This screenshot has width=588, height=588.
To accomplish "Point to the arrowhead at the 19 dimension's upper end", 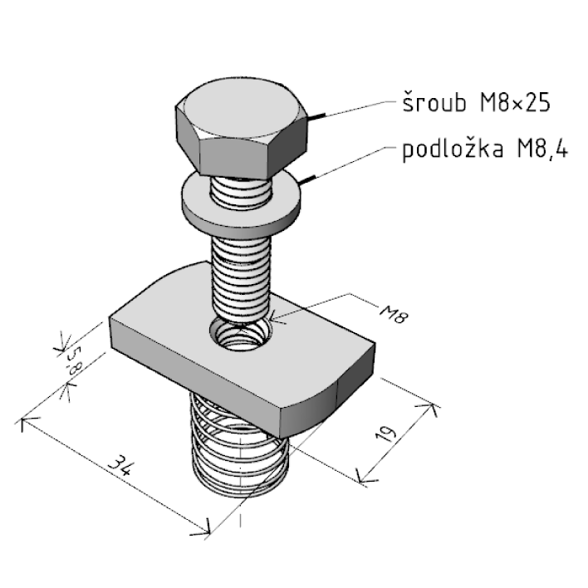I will (430, 406).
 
